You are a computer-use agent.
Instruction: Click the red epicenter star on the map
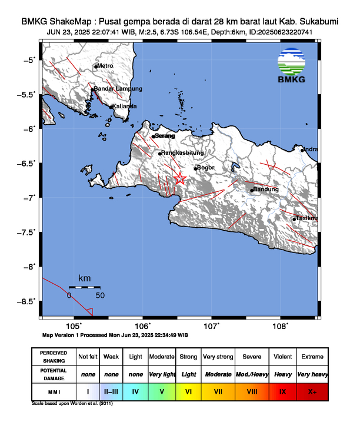click(181, 179)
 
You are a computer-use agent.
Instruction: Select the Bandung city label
click(266, 190)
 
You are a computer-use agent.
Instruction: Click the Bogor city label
click(206, 168)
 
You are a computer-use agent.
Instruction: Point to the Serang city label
click(165, 136)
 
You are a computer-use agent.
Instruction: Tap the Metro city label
click(105, 66)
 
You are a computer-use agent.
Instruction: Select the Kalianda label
click(125, 106)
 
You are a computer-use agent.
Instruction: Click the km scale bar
click(84, 287)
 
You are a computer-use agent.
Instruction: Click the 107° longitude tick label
click(212, 325)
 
